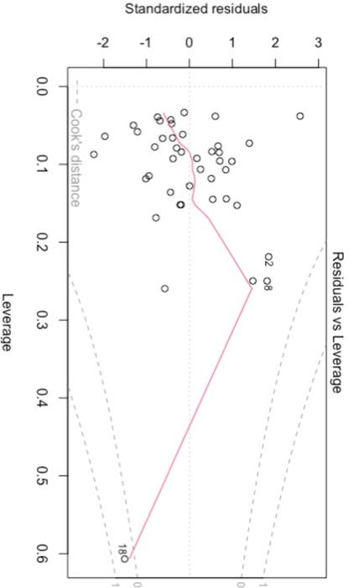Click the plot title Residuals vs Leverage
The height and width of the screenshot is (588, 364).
coord(337,322)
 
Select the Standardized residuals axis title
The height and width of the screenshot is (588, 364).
coord(196,9)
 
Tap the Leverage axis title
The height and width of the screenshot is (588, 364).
coord(9,322)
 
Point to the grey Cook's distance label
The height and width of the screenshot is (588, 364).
coord(75,157)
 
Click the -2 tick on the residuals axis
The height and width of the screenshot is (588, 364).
coord(102,44)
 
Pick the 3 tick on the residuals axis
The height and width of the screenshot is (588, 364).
coord(318,44)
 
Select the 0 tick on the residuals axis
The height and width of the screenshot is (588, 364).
coord(190,44)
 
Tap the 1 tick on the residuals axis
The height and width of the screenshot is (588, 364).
coord(232,44)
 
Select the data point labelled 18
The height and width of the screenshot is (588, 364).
coord(124,558)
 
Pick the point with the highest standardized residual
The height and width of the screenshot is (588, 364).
coord(299,116)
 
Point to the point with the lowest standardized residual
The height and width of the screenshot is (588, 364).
coord(94,155)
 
